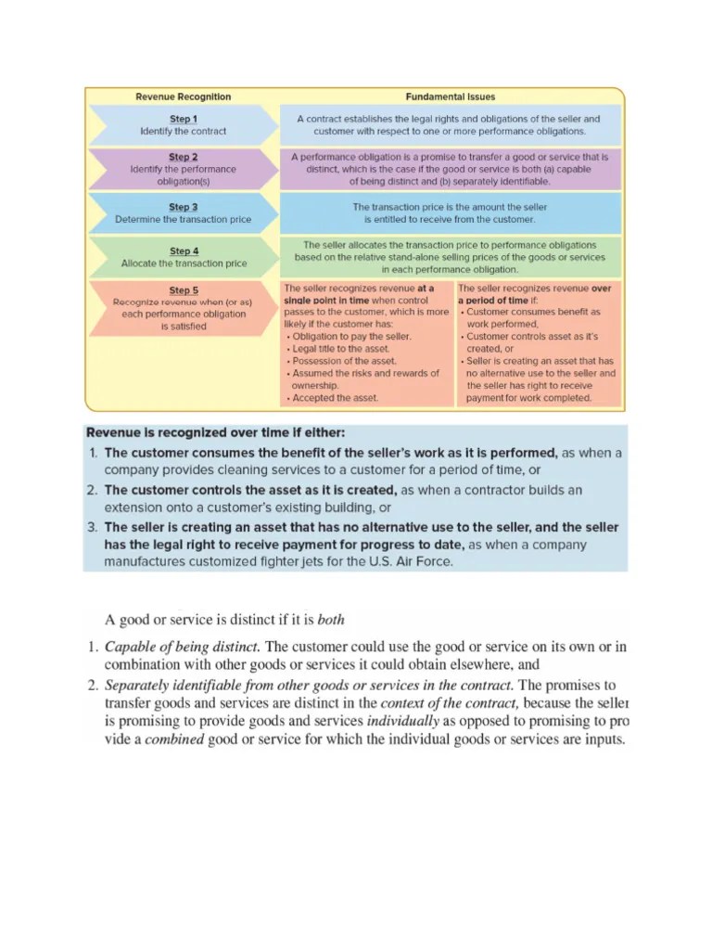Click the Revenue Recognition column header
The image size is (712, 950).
[x=184, y=96]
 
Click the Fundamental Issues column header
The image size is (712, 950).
[x=450, y=96]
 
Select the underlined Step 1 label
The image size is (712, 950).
[x=183, y=119]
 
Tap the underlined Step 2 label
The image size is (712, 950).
[x=183, y=158]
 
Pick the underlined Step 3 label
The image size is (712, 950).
[x=183, y=207]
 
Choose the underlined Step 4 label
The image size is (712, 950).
[x=184, y=250]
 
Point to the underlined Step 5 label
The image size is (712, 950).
[x=183, y=290]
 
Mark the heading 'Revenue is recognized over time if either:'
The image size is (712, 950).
[x=215, y=432]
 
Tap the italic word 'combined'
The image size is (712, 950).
[x=174, y=739]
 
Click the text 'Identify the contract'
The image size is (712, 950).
[x=183, y=132]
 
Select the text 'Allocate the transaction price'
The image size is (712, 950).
[x=184, y=263]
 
